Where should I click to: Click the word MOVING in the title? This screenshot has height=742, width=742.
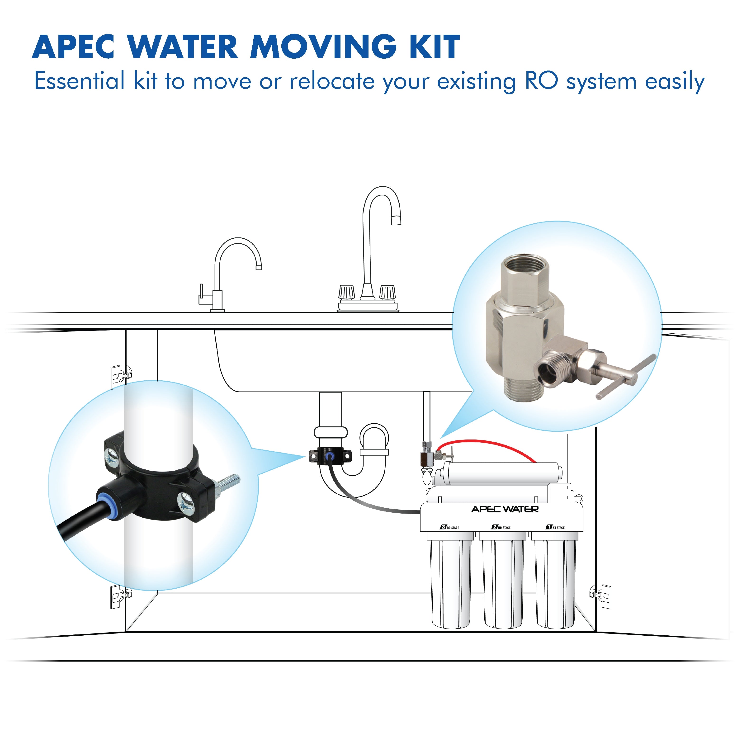[x=323, y=47]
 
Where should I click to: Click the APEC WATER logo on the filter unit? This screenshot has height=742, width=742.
[x=505, y=509]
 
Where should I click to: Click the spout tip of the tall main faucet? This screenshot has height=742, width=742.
[x=396, y=220]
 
